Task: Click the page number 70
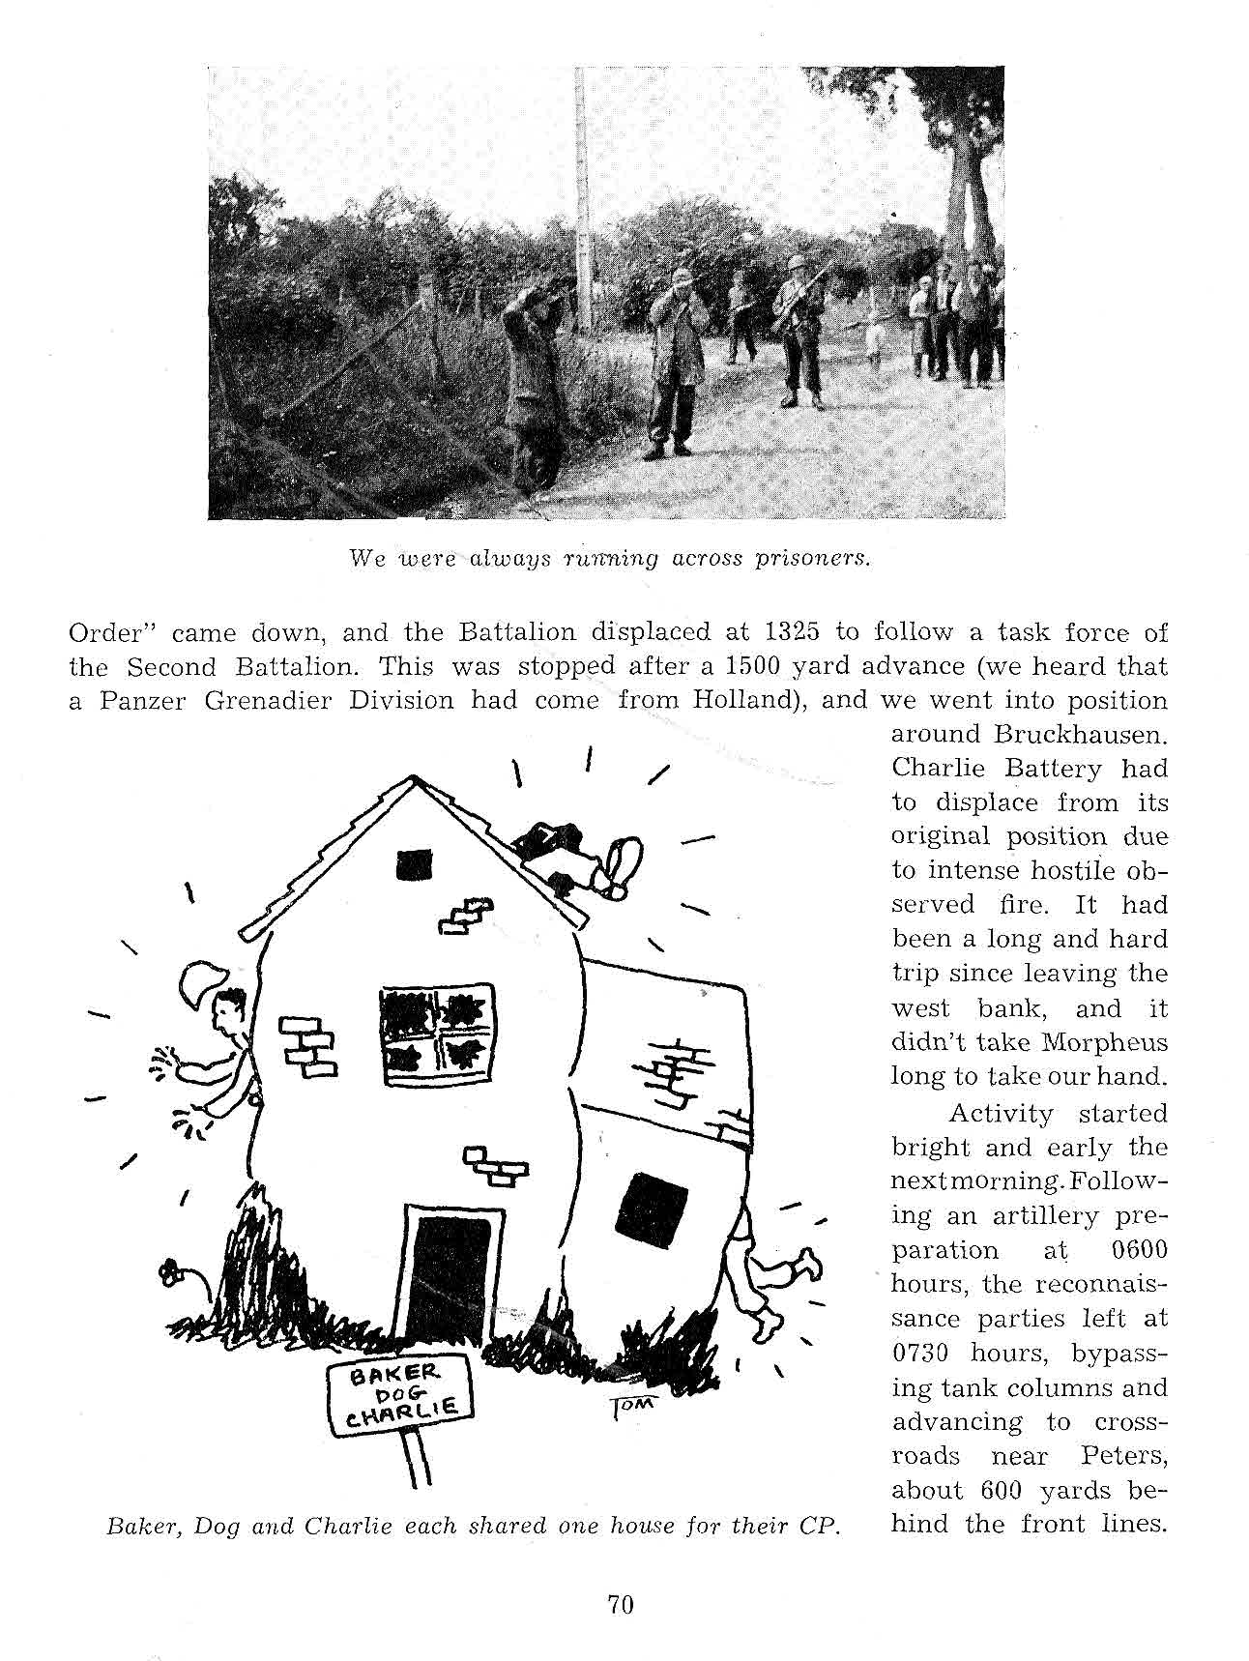coord(620,1605)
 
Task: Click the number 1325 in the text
coord(793,633)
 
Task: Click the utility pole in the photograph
coord(582,193)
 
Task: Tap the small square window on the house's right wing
coord(653,1205)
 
